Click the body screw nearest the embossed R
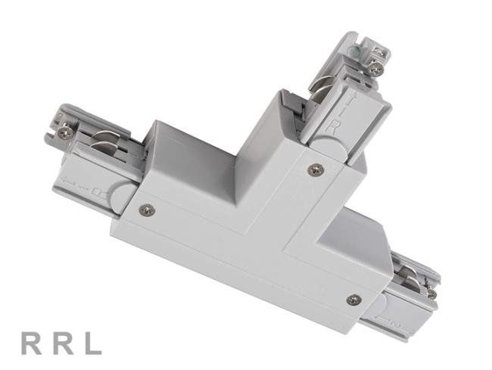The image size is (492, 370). point(314,169)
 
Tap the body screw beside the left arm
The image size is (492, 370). point(148,209)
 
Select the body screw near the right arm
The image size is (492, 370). point(353,300)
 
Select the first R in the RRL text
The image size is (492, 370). point(30,344)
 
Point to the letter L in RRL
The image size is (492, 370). point(92,344)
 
